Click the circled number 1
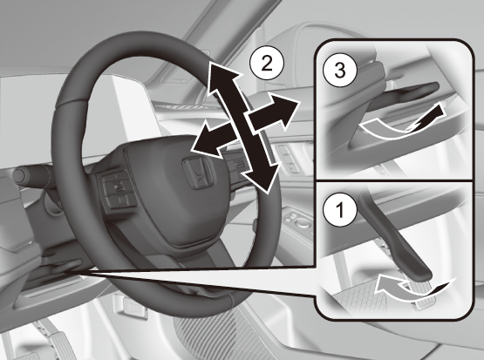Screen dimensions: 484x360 pyautogui.click(x=340, y=210)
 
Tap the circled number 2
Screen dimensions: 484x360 pyautogui.click(x=267, y=65)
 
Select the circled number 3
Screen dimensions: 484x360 pyautogui.click(x=340, y=71)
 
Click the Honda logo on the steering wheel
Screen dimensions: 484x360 pyautogui.click(x=197, y=173)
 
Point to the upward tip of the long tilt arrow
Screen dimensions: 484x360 pyautogui.click(x=210, y=62)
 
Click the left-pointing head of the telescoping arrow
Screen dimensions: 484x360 pyautogui.click(x=191, y=150)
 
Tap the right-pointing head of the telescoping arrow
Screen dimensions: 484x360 pyautogui.click(x=300, y=101)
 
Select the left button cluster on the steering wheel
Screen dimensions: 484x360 pyautogui.click(x=118, y=189)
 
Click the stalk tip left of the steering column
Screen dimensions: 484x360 pyautogui.click(x=18, y=175)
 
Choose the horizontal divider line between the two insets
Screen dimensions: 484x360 pyautogui.click(x=395, y=180)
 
